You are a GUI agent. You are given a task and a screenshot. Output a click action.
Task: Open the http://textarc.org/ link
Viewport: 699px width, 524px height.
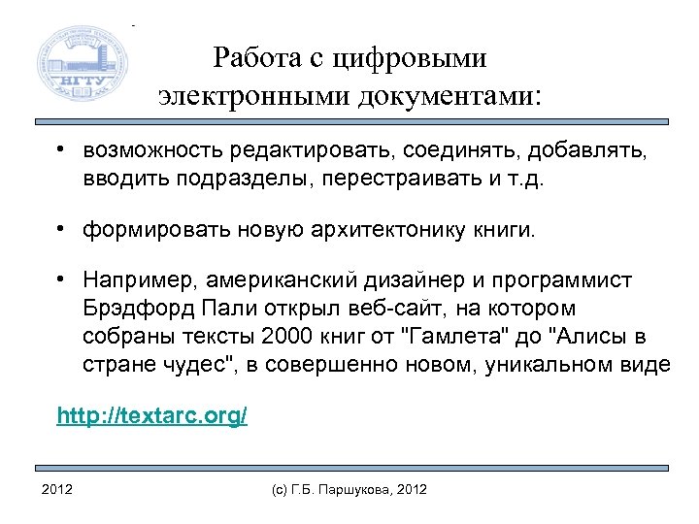tap(152, 416)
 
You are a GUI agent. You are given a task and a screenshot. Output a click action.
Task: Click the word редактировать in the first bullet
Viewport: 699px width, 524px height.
tap(295, 152)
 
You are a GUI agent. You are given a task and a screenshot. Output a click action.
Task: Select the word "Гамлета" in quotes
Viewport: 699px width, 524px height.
tap(445, 336)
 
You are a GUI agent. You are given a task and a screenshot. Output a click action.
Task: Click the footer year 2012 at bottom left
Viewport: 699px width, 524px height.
tap(57, 488)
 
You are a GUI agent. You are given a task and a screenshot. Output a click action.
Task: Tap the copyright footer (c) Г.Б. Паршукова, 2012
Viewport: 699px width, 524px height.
tap(349, 488)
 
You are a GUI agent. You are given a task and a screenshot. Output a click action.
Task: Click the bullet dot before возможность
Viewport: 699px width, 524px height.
tap(60, 151)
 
